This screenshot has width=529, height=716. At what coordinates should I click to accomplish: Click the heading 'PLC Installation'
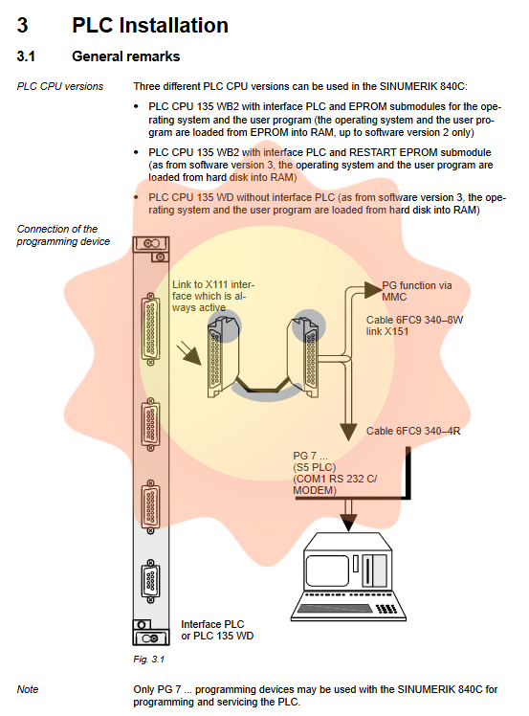pos(150,25)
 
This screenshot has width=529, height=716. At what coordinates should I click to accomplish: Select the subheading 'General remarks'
pos(126,56)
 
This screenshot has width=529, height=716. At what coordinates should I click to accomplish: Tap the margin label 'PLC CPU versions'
pos(60,86)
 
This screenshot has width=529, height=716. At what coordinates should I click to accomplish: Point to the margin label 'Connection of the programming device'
pos(63,235)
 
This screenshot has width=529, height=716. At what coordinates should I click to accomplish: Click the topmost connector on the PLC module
pos(150,328)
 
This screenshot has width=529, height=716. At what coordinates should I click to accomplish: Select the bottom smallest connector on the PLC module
pos(150,581)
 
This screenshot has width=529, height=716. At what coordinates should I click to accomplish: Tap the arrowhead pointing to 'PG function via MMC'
pos(373,289)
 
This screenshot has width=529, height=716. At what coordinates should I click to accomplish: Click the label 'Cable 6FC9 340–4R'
pos(413,431)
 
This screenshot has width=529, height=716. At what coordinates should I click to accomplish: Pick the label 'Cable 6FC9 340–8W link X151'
pos(414,325)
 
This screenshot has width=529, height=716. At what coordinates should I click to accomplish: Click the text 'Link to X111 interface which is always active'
pos(213,296)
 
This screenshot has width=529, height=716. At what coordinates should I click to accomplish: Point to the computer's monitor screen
pos(327,571)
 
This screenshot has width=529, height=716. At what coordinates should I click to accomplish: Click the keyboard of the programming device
pos(348,608)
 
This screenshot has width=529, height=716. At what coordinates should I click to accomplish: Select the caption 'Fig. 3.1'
pos(149,660)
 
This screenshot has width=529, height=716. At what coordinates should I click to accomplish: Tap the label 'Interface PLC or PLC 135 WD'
pos(217,630)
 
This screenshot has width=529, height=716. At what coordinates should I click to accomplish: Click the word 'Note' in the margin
pos(28,689)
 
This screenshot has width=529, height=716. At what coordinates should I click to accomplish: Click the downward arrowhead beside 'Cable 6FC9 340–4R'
pos(348,432)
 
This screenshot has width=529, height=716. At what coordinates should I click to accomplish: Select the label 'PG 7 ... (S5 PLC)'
pos(315,461)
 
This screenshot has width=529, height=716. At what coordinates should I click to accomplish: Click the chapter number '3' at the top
pos(22,25)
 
